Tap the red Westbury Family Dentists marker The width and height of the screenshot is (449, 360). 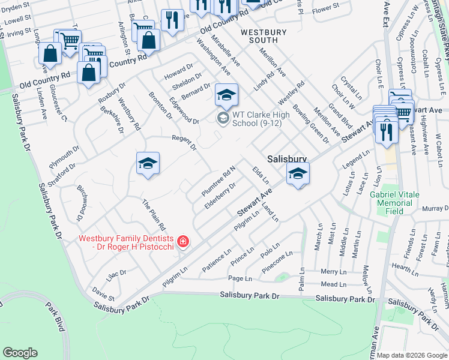(x=183, y=242)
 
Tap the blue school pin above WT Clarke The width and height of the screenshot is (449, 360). (x=226, y=95)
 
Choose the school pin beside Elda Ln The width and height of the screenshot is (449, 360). (x=297, y=174)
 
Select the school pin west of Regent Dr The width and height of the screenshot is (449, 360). (x=148, y=164)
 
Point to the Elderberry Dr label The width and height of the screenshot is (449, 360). (x=220, y=193)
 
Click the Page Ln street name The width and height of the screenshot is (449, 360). (x=240, y=278)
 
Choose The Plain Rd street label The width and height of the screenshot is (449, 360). (x=153, y=215)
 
